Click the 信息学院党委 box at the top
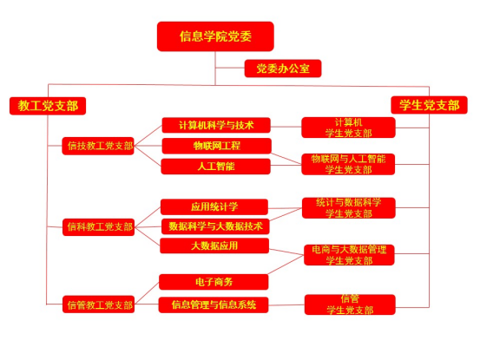point(215,36)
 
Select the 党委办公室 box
point(283,69)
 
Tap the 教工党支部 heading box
point(48,106)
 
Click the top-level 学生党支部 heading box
point(429,105)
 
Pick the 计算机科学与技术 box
point(216,125)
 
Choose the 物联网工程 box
point(216,146)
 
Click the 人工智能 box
point(216,167)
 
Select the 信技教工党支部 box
point(98,146)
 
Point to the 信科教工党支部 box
point(99,227)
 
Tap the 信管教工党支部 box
point(99,304)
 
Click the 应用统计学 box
point(214,206)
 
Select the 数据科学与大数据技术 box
point(215,226)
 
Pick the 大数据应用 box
point(214,245)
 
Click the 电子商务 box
point(214,282)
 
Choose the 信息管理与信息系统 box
point(214,304)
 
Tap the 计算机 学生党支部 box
point(348,128)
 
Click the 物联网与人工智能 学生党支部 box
point(348,164)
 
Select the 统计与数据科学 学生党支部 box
point(349,208)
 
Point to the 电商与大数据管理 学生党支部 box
point(349,255)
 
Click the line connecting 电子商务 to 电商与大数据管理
point(286,265)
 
